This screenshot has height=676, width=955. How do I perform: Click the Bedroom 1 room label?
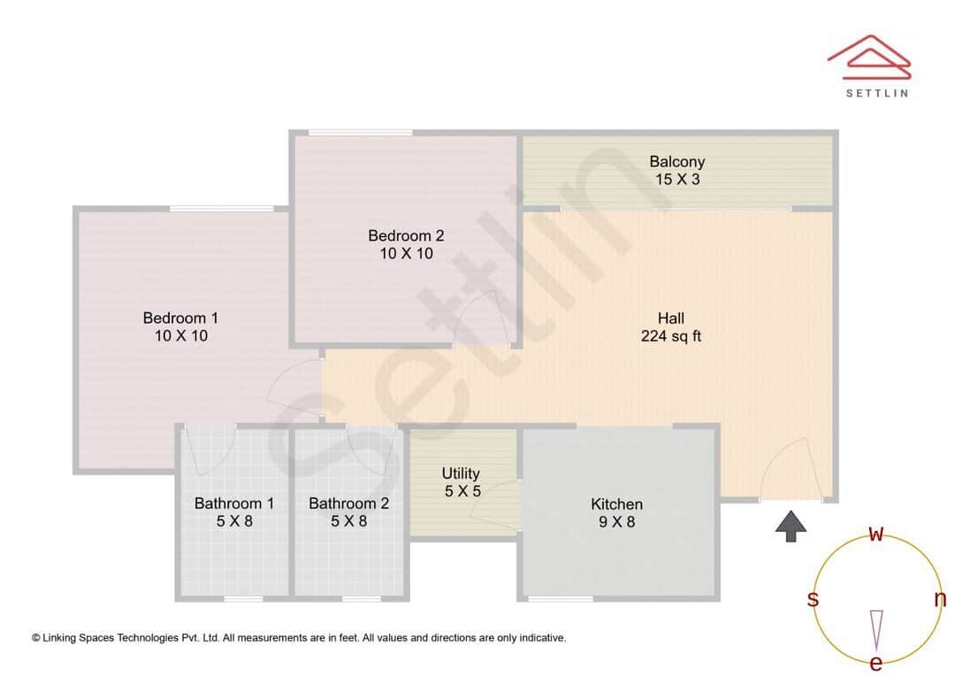tap(180, 318)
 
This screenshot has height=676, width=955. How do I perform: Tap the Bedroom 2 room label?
tap(406, 235)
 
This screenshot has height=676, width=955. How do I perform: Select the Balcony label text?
tap(676, 161)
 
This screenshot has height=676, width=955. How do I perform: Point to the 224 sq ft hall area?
tap(670, 336)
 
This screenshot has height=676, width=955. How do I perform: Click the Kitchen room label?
tap(616, 504)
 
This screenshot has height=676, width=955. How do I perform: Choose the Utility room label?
tap(461, 473)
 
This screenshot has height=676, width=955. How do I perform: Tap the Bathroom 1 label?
tap(234, 503)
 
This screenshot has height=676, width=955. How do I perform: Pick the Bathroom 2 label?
tap(348, 503)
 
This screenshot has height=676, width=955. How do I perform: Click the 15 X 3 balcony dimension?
tap(676, 180)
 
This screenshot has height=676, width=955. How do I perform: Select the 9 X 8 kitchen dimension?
tap(616, 522)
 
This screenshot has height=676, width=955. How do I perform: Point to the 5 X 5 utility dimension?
tap(461, 491)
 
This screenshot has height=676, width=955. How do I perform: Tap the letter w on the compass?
tap(876, 533)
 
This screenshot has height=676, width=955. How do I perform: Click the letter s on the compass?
tap(813, 599)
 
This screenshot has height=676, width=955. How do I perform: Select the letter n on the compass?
tap(940, 599)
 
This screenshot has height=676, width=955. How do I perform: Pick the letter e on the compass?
tap(876, 664)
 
